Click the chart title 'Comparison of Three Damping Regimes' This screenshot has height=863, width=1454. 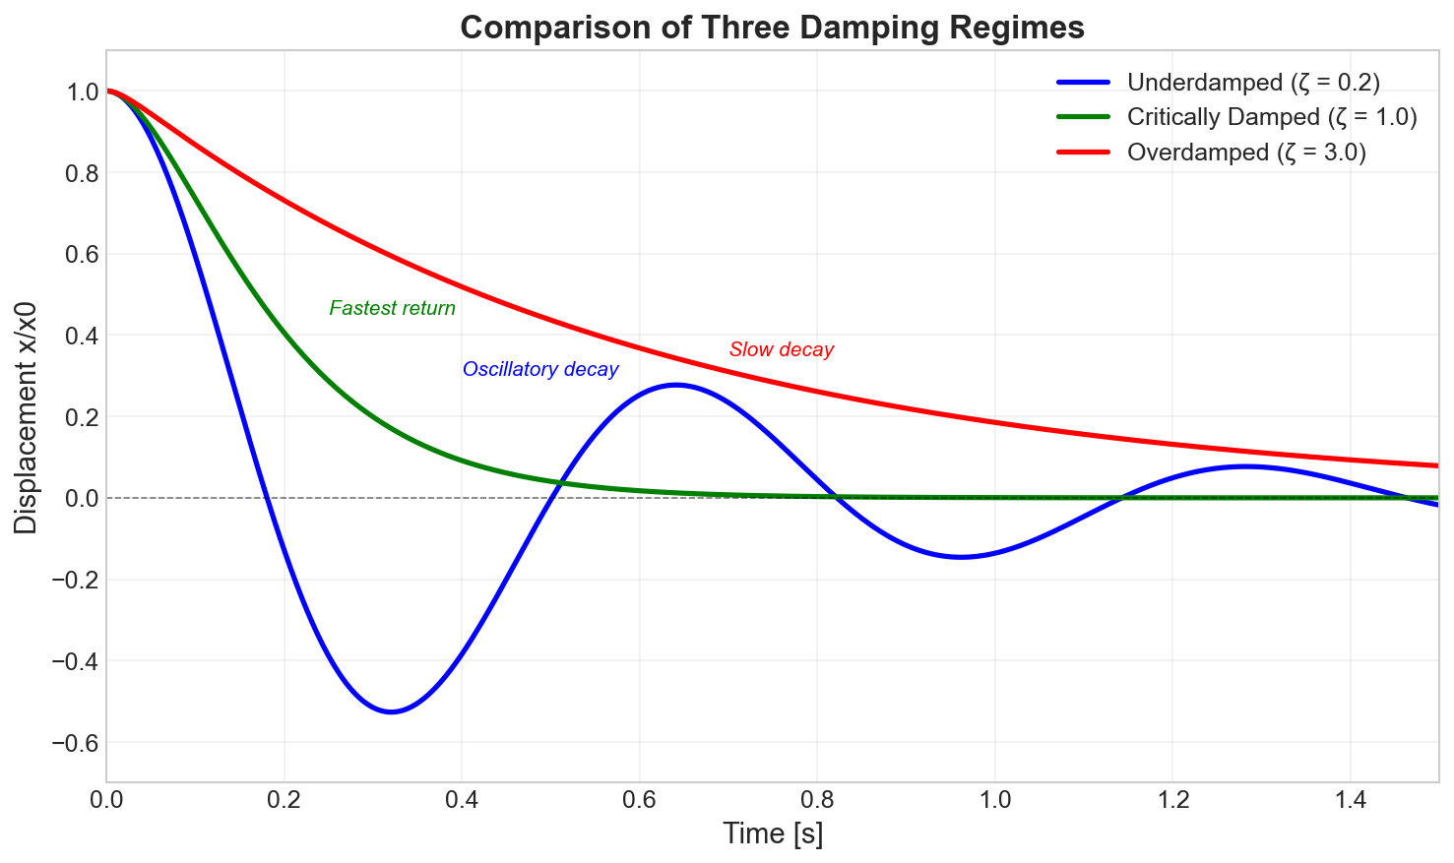(772, 28)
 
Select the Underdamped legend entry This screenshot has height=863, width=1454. (1260, 82)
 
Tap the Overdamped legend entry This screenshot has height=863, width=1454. (1246, 153)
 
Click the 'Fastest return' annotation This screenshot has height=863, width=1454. (392, 309)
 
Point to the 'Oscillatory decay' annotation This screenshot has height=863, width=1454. (540, 370)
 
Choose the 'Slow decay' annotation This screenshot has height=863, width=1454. (782, 349)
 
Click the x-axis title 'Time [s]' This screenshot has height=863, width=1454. (773, 833)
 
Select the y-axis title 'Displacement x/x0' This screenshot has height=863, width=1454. (27, 417)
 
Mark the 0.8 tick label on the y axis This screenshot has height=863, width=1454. (83, 173)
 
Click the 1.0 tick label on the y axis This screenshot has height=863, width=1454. (83, 92)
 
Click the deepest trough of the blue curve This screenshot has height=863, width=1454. (392, 711)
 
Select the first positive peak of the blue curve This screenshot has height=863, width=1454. (675, 385)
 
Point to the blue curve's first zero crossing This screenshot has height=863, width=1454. (267, 498)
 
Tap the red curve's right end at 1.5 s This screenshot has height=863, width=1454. (1437, 465)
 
